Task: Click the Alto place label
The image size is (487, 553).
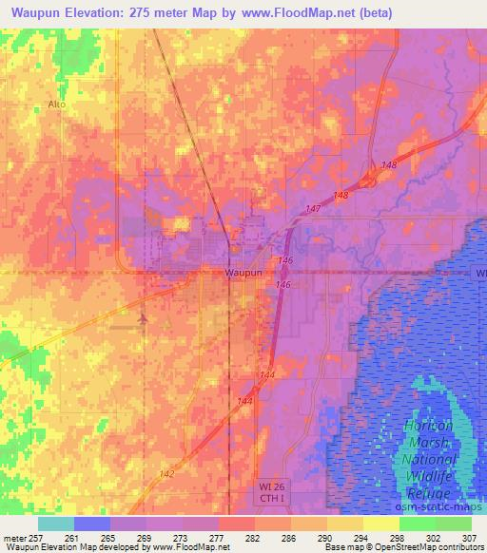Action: (56, 104)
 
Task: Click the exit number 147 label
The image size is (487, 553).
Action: (314, 208)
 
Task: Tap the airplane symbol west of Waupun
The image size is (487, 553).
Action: (142, 318)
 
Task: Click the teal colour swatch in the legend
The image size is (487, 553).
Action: (56, 524)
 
